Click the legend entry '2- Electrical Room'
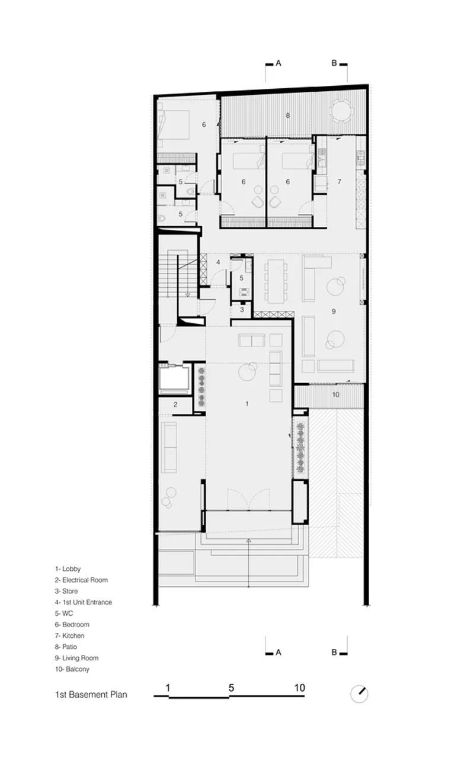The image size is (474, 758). [x=81, y=580]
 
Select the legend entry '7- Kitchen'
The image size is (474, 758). [x=69, y=636]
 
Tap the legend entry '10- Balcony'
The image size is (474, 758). [x=72, y=669]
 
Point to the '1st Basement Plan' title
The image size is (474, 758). [x=91, y=695]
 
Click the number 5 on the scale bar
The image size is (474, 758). [x=231, y=688]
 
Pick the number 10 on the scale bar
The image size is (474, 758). [x=300, y=688]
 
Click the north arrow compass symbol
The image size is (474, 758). [x=359, y=694]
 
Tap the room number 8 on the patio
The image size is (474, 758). [x=288, y=115]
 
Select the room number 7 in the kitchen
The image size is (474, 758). [x=340, y=182]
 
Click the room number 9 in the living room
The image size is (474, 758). [x=334, y=311]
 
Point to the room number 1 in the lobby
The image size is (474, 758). [x=247, y=403]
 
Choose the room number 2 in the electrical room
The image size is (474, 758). [x=175, y=404]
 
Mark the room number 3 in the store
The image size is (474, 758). [x=242, y=310]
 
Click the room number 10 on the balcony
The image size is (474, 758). [x=335, y=394]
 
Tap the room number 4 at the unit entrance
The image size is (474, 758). [x=219, y=262]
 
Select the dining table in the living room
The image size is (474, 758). [x=276, y=281]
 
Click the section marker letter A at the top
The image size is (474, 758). [x=278, y=63]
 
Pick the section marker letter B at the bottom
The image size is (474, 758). [x=334, y=652]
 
